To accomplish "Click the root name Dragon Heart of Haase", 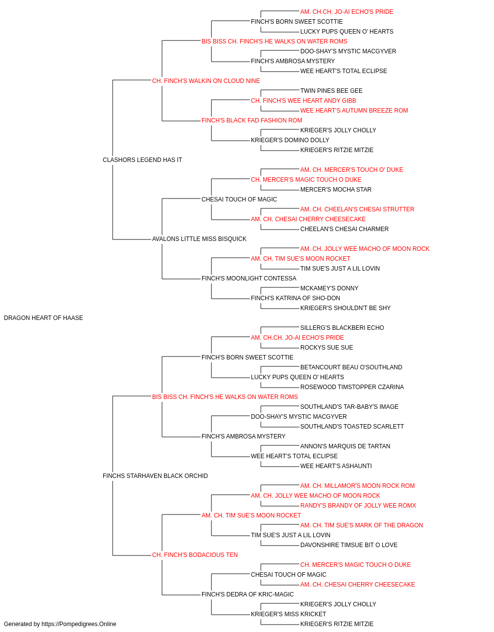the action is click(x=43, y=318).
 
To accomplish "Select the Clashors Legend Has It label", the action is click(x=142, y=160).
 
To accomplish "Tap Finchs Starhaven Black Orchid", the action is click(x=155, y=476).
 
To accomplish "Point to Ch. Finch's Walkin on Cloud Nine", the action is click(x=206, y=81).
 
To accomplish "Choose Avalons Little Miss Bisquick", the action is click(x=199, y=239).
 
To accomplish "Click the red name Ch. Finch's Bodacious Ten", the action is click(x=195, y=555).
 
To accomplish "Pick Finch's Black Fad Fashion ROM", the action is click(x=251, y=120).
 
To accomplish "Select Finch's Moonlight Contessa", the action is click(x=249, y=278).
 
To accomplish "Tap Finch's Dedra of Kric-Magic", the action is click(x=247, y=594).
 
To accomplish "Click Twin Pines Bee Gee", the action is click(x=331, y=91).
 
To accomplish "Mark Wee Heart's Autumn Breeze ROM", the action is click(x=354, y=111).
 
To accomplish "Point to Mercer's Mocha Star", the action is click(x=336, y=190).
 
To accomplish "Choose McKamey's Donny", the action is click(x=329, y=288).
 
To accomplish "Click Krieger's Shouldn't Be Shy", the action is click(x=345, y=308).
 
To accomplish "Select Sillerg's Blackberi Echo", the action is click(x=342, y=328).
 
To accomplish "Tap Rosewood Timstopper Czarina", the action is click(x=352, y=387).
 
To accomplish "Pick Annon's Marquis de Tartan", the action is click(x=345, y=446).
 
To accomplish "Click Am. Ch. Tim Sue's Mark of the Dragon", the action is click(x=362, y=525).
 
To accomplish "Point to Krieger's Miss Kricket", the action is click(x=288, y=614).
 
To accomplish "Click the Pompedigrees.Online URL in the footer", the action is click(x=79, y=624).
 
